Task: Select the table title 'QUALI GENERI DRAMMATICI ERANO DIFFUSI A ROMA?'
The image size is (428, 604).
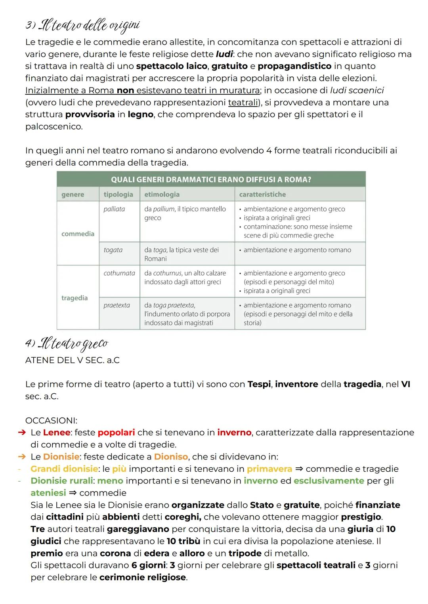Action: [211, 179]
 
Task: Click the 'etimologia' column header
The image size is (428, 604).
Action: [162, 194]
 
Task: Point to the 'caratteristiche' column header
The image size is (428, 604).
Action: [262, 194]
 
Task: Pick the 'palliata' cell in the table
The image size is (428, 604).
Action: [114, 209]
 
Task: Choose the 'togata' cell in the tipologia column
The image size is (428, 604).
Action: [113, 250]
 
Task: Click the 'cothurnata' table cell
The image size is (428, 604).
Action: [119, 273]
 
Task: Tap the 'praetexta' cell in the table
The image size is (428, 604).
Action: [117, 305]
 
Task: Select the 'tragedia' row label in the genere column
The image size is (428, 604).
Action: [75, 298]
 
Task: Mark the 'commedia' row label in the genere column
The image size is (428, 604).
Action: [78, 234]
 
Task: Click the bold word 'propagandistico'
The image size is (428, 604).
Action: [294, 66]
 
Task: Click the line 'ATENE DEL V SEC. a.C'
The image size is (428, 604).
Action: [72, 360]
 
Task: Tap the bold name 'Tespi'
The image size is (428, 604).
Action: [260, 385]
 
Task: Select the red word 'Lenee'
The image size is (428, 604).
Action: [56, 433]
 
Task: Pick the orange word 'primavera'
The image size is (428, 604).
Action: [269, 469]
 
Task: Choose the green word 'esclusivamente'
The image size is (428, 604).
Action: [329, 481]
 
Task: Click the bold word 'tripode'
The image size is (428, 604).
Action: [245, 553]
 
